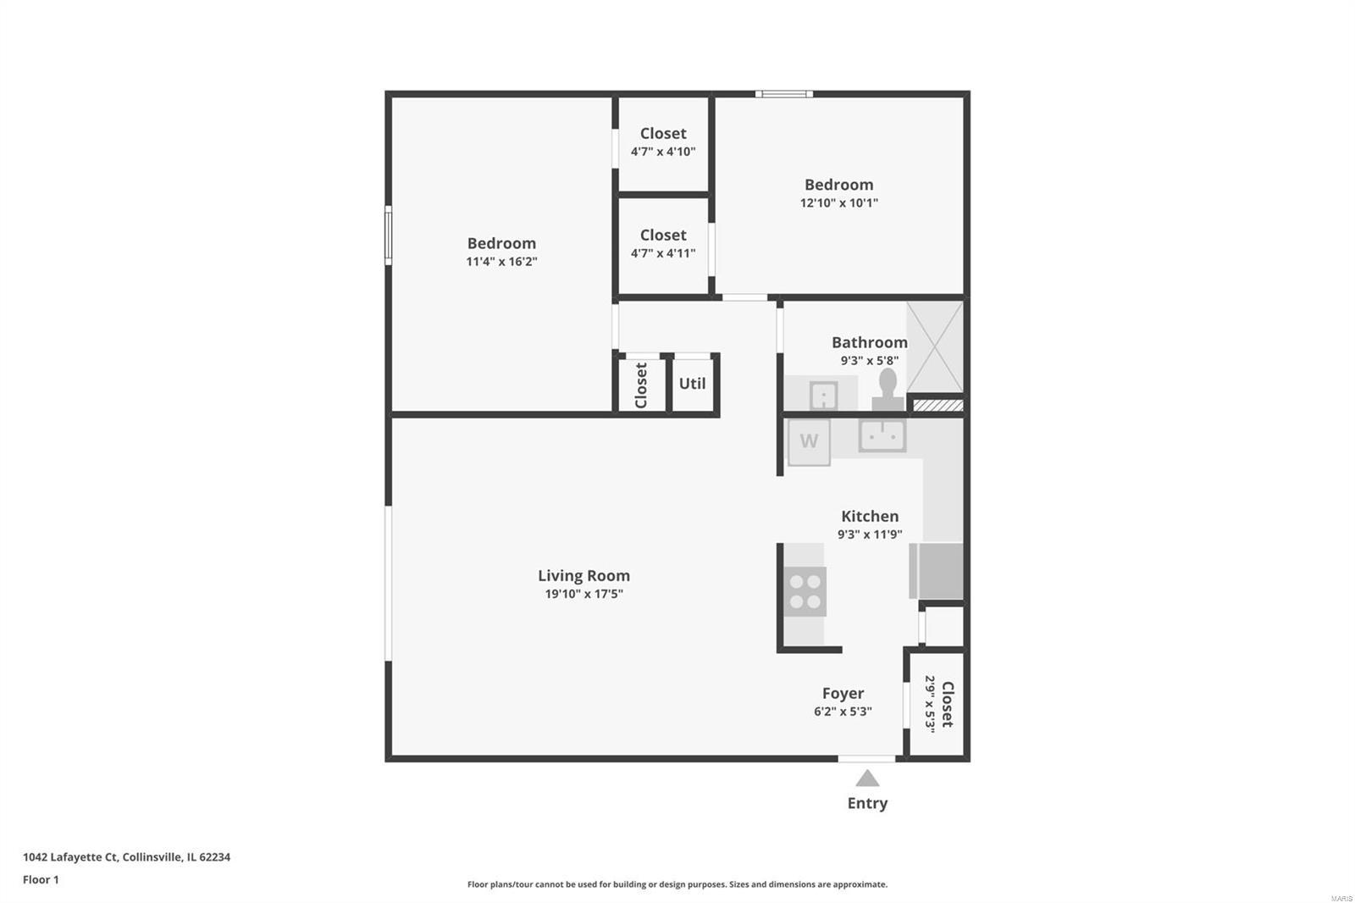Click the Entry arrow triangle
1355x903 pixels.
[867, 778]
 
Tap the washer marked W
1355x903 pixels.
[809, 442]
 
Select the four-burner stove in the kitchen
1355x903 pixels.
[805, 591]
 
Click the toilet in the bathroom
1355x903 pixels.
[888, 390]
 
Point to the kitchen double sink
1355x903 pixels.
[882, 435]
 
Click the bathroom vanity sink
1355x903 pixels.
[823, 396]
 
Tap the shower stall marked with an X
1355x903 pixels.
[935, 346]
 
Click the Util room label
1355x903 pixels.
[692, 384]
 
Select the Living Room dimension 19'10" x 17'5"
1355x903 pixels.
[583, 594]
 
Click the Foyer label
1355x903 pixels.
[843, 693]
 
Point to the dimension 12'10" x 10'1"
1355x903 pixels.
[838, 202]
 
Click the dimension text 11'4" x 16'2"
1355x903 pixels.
[501, 262]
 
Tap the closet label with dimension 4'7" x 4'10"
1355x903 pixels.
[663, 133]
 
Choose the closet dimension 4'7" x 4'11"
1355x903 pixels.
[663, 253]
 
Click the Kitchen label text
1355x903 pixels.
[870, 516]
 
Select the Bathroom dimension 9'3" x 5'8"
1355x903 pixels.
[869, 361]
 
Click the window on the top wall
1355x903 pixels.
[784, 94]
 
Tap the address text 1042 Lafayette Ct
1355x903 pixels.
[69, 857]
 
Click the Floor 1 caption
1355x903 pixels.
[41, 879]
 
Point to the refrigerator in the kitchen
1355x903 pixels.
[937, 571]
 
